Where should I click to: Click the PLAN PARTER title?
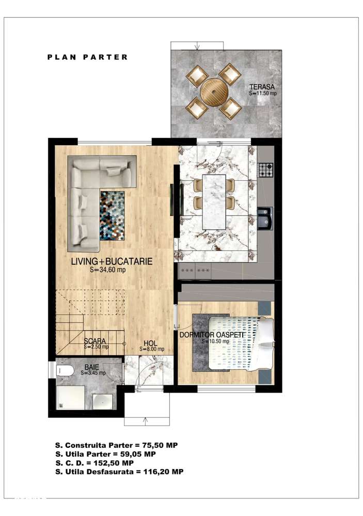click(87, 57)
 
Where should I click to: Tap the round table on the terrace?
click(214, 91)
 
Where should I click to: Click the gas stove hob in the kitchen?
click(265, 169)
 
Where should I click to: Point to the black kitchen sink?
click(265, 218)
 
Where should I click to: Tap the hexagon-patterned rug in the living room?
click(113, 215)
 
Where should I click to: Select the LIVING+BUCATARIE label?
click(112, 261)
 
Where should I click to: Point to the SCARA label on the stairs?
click(96, 341)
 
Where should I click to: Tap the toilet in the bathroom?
click(66, 369)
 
